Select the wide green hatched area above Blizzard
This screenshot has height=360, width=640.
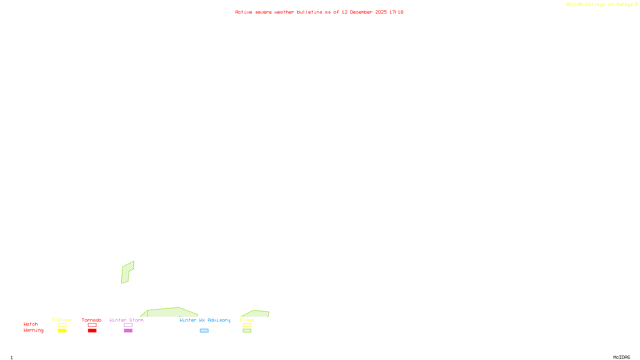click(170, 312)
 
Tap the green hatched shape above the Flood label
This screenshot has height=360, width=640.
click(256, 314)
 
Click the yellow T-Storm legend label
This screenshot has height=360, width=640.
click(62, 320)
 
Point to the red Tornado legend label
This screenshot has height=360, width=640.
click(92, 320)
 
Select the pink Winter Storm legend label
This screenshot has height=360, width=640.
click(126, 320)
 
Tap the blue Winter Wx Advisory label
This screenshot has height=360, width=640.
click(205, 320)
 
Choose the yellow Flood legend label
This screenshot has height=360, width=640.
click(247, 320)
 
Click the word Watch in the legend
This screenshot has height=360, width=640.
click(31, 324)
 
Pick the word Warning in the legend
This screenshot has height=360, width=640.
click(34, 330)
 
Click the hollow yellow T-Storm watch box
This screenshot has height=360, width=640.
click(62, 325)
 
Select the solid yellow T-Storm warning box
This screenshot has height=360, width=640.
click(62, 331)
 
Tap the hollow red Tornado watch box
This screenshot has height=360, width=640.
click(92, 325)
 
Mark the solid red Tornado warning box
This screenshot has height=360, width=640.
click(92, 331)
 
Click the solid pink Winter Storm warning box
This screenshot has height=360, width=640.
click(128, 331)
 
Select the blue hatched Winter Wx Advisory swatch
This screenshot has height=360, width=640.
click(204, 331)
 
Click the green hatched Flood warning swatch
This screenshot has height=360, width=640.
click(247, 331)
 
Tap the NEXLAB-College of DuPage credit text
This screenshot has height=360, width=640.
click(600, 5)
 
